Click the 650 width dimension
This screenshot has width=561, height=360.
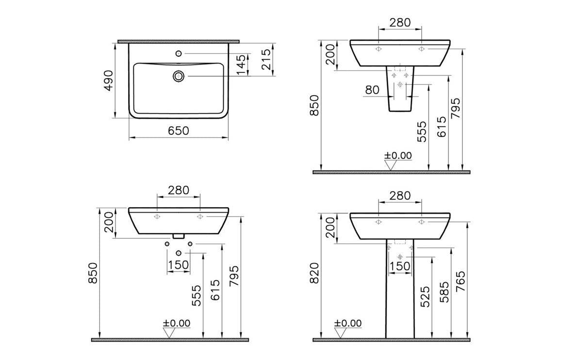point(178,131)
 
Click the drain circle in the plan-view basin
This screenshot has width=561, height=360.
point(179,76)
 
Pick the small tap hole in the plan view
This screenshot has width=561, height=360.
point(179,53)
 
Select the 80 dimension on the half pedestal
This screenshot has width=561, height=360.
point(372,90)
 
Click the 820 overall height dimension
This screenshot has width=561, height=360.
point(314,273)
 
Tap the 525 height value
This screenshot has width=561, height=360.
point(425,296)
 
